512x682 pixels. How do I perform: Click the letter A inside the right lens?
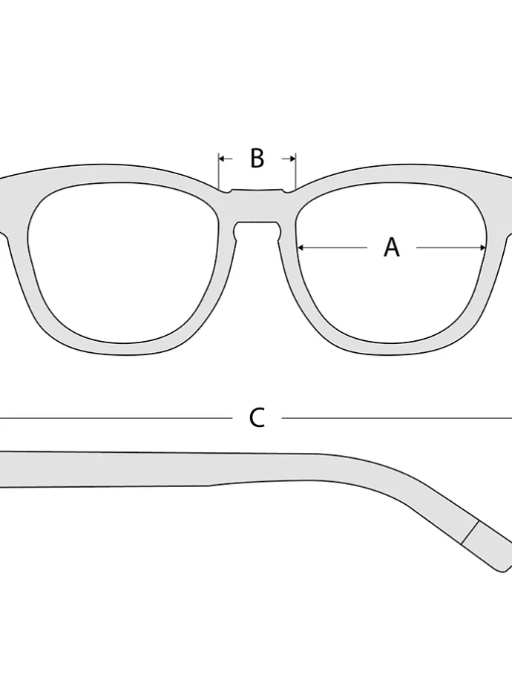[x=391, y=248]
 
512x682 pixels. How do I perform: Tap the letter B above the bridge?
[x=257, y=158]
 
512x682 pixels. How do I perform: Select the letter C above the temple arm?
[x=257, y=418]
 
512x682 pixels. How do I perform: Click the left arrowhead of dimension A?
[x=301, y=248]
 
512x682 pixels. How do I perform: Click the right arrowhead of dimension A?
[x=482, y=248]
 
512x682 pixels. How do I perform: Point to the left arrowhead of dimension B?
[x=222, y=159]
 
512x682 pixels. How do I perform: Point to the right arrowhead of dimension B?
[x=292, y=159]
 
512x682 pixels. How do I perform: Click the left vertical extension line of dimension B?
[x=218, y=171]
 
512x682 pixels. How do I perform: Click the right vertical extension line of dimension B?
[x=296, y=171]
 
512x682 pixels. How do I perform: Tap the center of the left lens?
[x=122, y=263]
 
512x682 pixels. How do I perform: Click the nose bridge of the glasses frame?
[x=257, y=206]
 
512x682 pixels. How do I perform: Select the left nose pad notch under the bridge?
[x=236, y=231]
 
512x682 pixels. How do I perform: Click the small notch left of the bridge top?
[x=227, y=191]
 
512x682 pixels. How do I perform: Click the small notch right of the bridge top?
[x=287, y=191]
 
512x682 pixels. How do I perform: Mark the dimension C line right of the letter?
[x=397, y=418]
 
